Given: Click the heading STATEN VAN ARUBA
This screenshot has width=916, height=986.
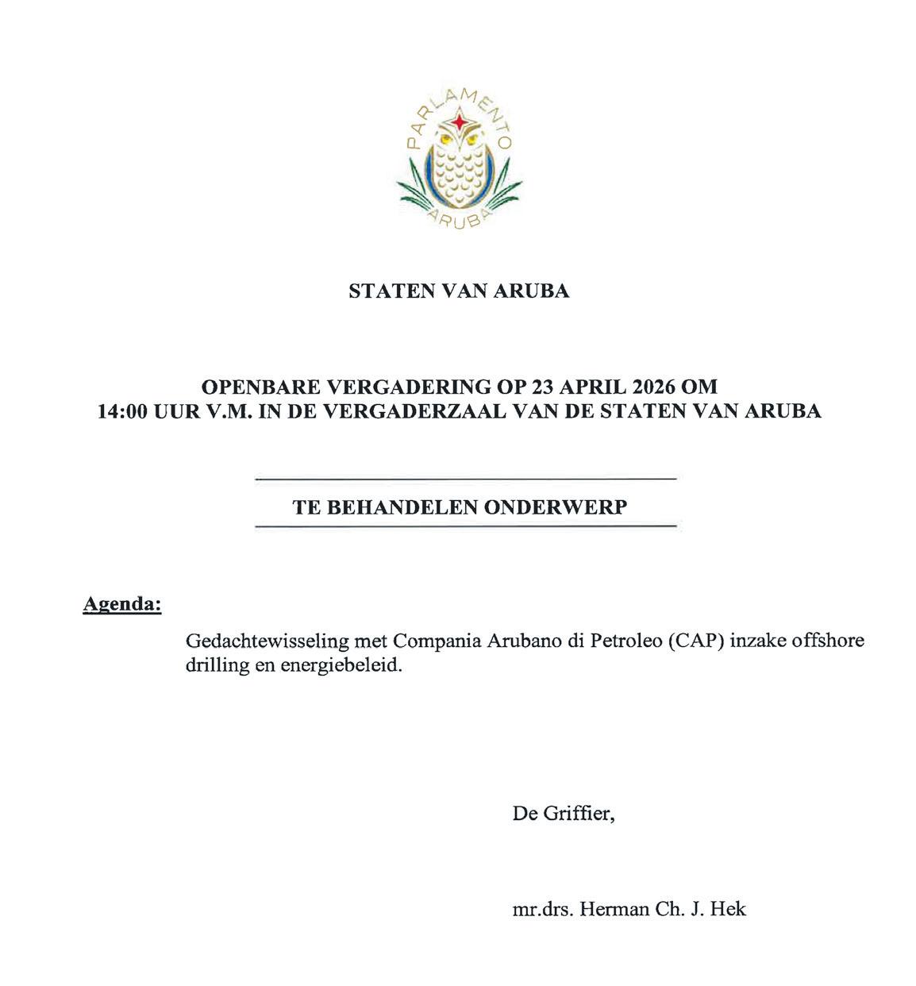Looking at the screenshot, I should [459, 291].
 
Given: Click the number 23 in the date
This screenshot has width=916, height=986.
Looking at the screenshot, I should [545, 387].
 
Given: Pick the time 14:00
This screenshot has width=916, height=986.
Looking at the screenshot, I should [122, 411].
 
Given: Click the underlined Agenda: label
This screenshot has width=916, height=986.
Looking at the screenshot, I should [122, 604].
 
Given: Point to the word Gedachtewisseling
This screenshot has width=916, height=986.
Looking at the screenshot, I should [257, 641].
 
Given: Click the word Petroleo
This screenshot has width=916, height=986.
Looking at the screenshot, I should [624, 641].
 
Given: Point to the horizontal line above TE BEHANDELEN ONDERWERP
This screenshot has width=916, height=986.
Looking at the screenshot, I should [465, 480].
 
